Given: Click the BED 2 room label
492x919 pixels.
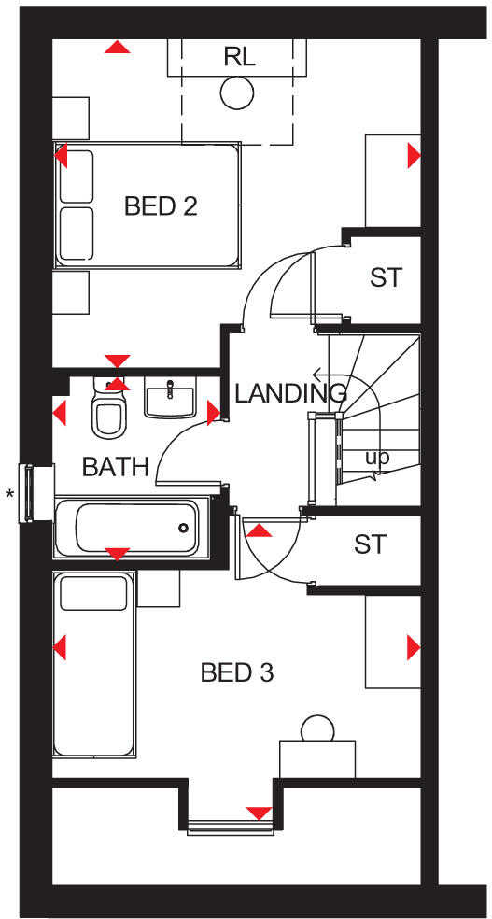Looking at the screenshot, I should (161, 205).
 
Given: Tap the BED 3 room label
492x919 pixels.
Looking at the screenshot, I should (237, 672).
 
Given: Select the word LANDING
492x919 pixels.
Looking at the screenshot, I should (289, 393).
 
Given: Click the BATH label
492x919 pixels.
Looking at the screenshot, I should (115, 467).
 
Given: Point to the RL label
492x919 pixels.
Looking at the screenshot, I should (239, 57).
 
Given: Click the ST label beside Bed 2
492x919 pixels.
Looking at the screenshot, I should (385, 277).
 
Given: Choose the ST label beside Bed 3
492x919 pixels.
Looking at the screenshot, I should (370, 544).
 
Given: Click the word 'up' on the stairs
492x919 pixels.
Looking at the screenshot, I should (377, 458).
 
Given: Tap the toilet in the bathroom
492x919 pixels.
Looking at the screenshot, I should (109, 411).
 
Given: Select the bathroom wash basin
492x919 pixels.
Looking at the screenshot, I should (170, 400).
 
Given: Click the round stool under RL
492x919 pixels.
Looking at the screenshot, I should (237, 92).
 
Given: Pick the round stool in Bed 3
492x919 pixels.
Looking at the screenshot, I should (317, 729).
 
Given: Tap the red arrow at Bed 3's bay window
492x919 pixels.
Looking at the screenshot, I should (258, 813).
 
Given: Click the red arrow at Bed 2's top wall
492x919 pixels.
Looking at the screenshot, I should (117, 47).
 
